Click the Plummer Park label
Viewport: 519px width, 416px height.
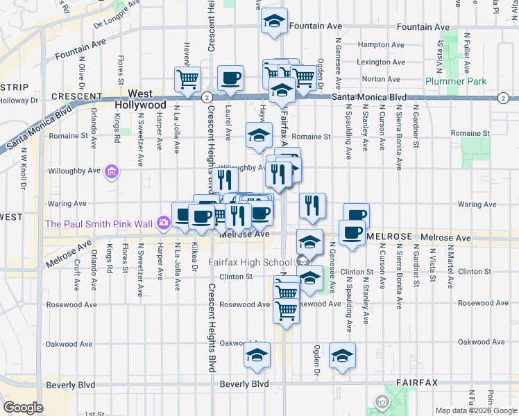[457, 82]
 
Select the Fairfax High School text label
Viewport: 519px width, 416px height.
[250, 263]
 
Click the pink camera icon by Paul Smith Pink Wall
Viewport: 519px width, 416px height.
[163, 223]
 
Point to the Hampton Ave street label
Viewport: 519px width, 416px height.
[376, 44]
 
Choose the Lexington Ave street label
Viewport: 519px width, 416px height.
[380, 62]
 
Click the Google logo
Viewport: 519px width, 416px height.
[23, 408]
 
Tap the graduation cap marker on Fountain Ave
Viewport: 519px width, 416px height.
[275, 21]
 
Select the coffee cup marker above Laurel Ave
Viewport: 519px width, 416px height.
[230, 78]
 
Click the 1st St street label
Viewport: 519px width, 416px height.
[94, 414]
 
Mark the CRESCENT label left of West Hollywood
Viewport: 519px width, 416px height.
[77, 96]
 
